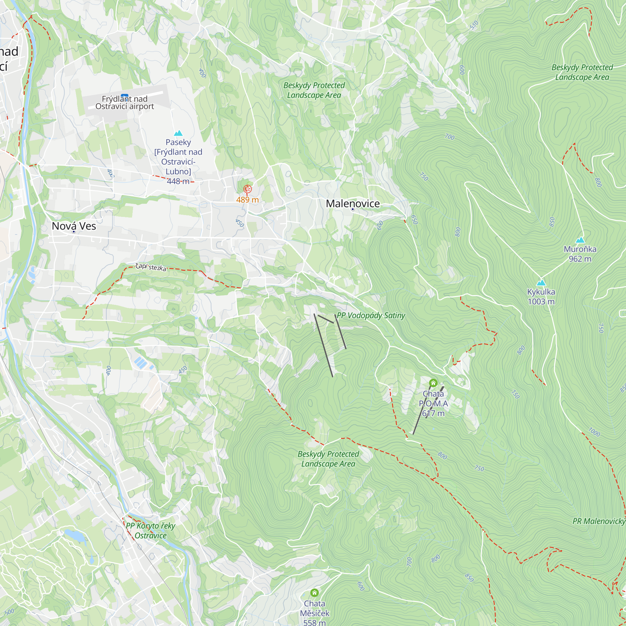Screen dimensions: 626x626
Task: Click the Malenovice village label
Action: pos(352,203)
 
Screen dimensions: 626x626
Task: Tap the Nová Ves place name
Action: pos(74,226)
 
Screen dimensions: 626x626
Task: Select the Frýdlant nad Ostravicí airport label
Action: pos(125,103)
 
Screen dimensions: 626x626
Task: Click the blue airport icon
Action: pos(125,96)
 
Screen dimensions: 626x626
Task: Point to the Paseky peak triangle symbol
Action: pos(178,133)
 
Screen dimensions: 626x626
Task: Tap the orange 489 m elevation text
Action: pos(247,200)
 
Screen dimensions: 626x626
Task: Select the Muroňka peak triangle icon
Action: pos(580,240)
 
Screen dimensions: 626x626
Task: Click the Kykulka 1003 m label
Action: pos(541,296)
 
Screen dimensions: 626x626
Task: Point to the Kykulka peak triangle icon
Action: pos(541,283)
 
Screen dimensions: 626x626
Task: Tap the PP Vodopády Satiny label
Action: pos(371,315)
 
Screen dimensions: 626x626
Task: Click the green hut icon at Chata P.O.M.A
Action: pos(433,383)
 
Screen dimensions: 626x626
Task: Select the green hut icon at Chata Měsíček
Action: pos(314,593)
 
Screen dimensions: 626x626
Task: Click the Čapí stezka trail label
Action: pos(151,267)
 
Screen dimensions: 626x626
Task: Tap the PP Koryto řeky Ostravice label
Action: pos(151,531)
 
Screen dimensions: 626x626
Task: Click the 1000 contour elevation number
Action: pos(594,432)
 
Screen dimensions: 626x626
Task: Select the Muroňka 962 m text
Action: pos(580,254)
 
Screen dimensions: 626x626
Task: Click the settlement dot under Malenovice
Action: pos(352,209)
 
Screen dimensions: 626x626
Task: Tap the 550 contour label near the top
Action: pos(474,25)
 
